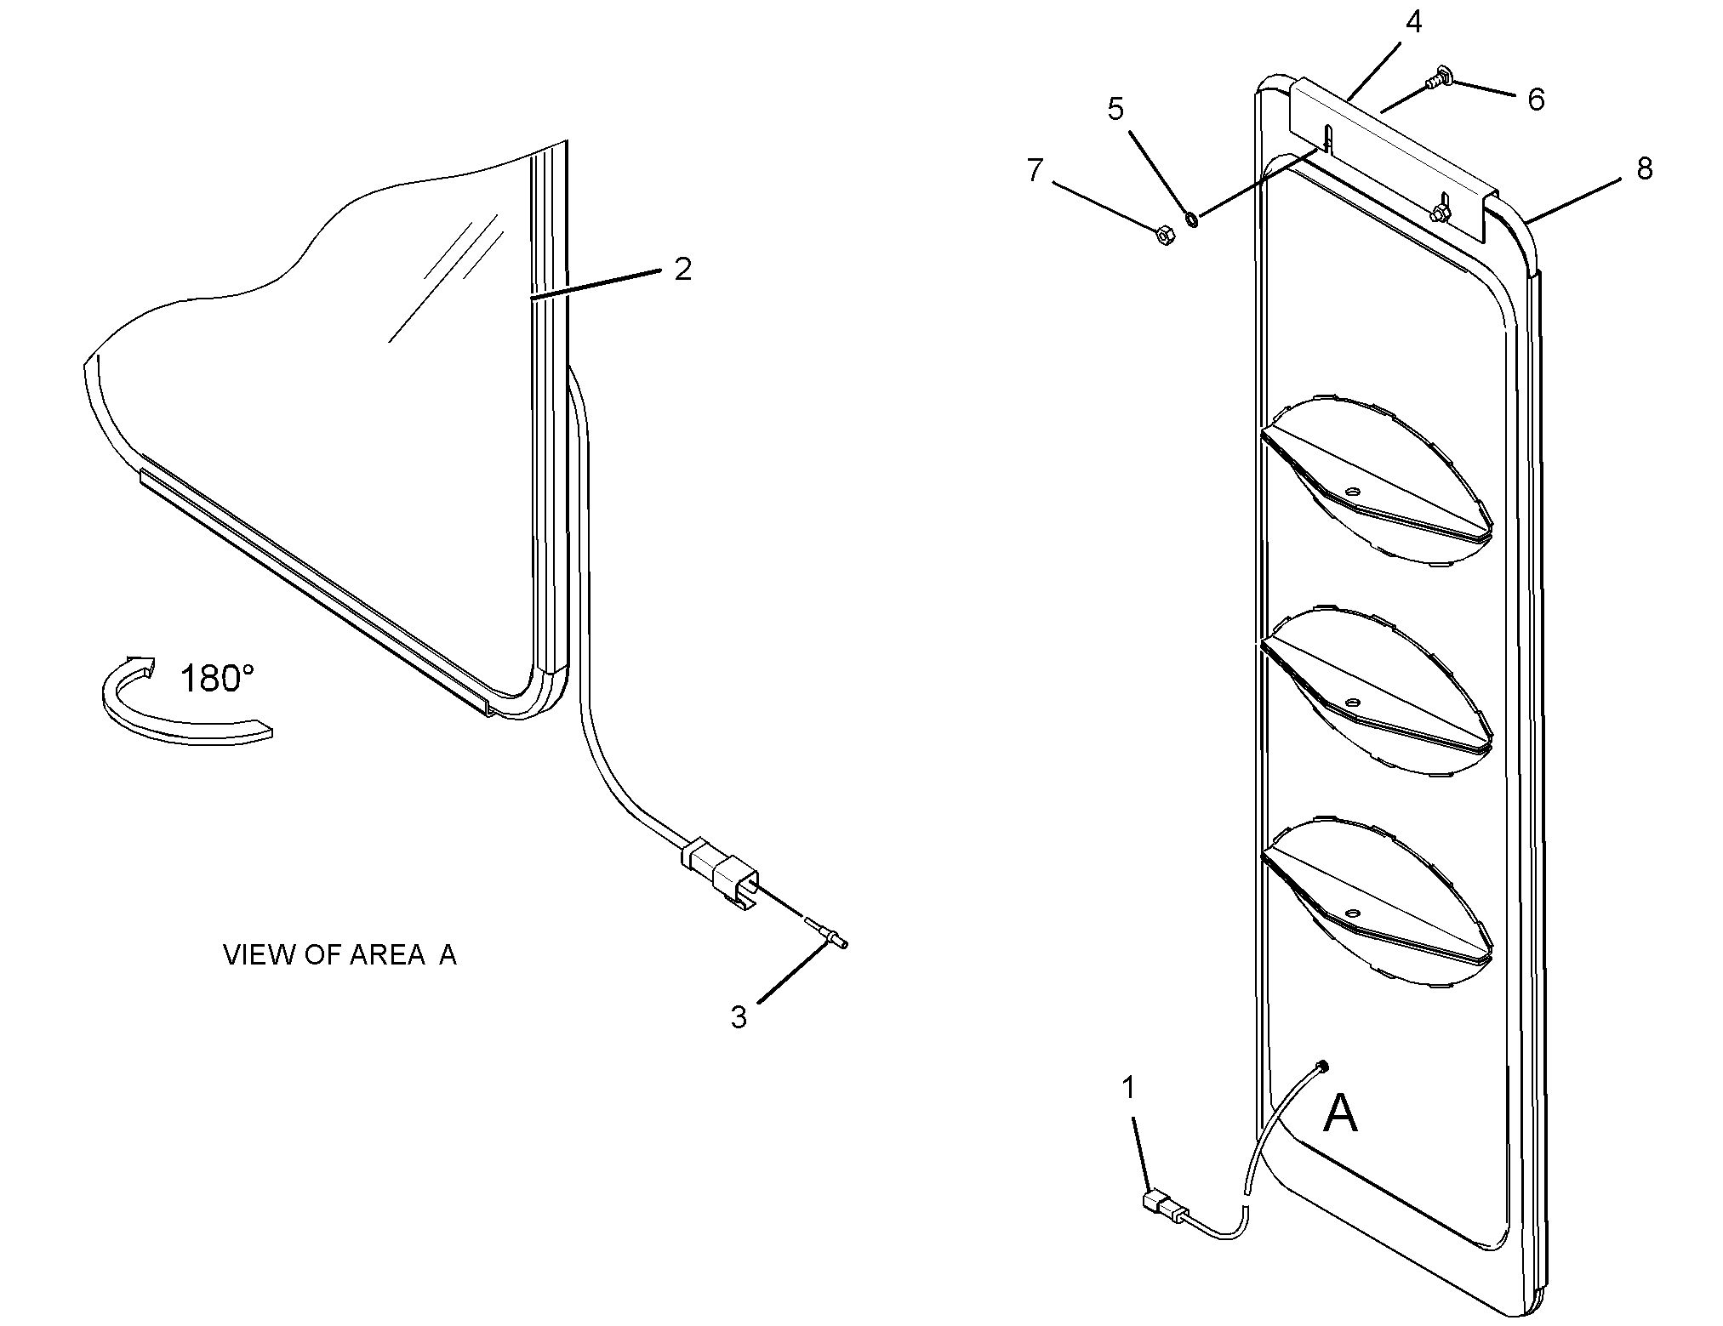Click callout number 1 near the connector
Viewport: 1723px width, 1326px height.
[1128, 1088]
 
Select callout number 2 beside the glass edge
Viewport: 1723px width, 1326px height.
[682, 270]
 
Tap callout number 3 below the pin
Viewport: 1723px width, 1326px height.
[739, 1016]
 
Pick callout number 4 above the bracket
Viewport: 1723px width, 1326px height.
[1413, 23]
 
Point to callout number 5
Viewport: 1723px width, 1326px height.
[1115, 109]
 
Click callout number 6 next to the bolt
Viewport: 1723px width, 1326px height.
[1536, 100]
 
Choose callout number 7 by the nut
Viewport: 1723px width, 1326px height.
[1035, 170]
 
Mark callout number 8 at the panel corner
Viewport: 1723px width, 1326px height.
[1644, 168]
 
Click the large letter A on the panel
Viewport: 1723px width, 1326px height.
[1340, 1114]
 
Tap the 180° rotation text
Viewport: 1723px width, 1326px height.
[217, 679]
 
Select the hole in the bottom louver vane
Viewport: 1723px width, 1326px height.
[1351, 913]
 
